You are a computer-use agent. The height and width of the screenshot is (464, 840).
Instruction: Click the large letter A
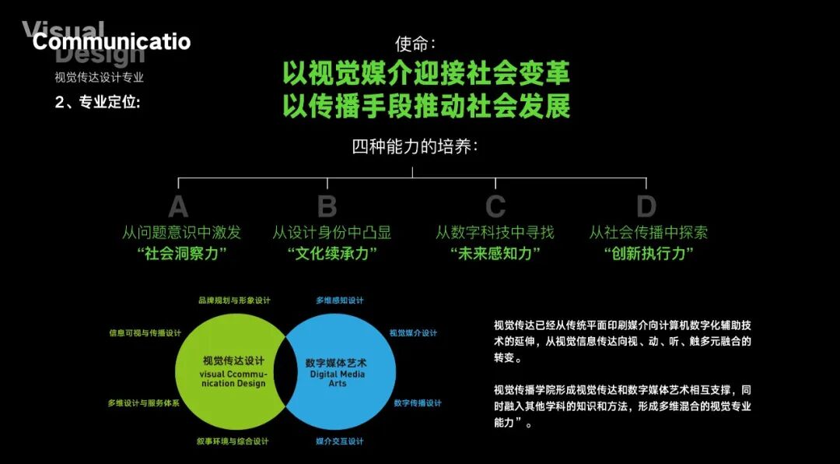click(178, 207)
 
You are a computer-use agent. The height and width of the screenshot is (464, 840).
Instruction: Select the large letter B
click(327, 207)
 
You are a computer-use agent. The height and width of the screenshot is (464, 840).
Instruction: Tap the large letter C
click(495, 207)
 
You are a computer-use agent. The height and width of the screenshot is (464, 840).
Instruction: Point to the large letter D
click(646, 207)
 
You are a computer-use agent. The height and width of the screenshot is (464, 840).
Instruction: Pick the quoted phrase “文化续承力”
click(331, 254)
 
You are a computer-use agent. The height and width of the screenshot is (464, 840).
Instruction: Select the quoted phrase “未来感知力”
click(495, 254)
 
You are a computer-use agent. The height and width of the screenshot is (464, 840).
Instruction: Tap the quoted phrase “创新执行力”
click(649, 254)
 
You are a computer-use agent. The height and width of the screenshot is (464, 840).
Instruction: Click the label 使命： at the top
click(415, 43)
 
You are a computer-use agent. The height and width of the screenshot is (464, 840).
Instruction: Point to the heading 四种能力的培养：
click(415, 146)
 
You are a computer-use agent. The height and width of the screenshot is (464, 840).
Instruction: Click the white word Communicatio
click(111, 41)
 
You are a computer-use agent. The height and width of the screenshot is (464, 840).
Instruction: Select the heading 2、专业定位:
click(98, 102)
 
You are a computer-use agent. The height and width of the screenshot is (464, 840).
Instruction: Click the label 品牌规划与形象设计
click(233, 300)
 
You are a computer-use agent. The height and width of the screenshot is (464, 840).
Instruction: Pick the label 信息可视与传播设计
click(145, 332)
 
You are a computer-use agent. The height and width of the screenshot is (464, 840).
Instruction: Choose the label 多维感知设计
click(339, 300)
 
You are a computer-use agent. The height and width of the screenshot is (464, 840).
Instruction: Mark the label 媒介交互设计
click(339, 441)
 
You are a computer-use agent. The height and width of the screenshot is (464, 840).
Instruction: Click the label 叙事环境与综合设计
click(233, 441)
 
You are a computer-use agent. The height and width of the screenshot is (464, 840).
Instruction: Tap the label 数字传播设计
click(417, 403)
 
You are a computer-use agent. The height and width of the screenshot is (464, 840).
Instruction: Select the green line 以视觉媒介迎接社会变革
click(426, 73)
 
